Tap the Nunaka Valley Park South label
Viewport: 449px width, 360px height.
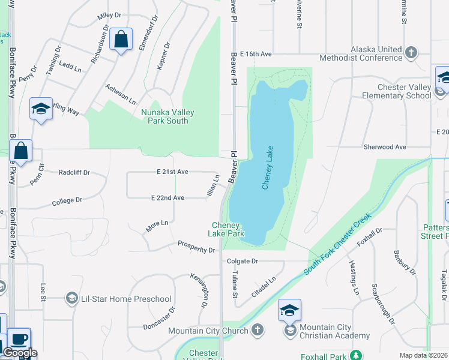164,116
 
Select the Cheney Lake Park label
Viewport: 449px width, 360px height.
226,229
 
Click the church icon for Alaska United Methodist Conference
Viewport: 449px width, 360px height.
411,53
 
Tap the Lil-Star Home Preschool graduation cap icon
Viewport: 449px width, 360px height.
71,299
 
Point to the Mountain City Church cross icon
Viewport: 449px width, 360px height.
257,331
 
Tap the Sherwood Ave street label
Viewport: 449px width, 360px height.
385,147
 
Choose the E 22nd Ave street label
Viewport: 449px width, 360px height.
167,197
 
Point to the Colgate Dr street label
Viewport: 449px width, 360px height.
243,261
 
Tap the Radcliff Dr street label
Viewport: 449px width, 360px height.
74,172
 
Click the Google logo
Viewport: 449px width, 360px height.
20,353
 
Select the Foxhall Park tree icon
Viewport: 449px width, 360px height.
356,355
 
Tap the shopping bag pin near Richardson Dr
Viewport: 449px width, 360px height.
121,40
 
